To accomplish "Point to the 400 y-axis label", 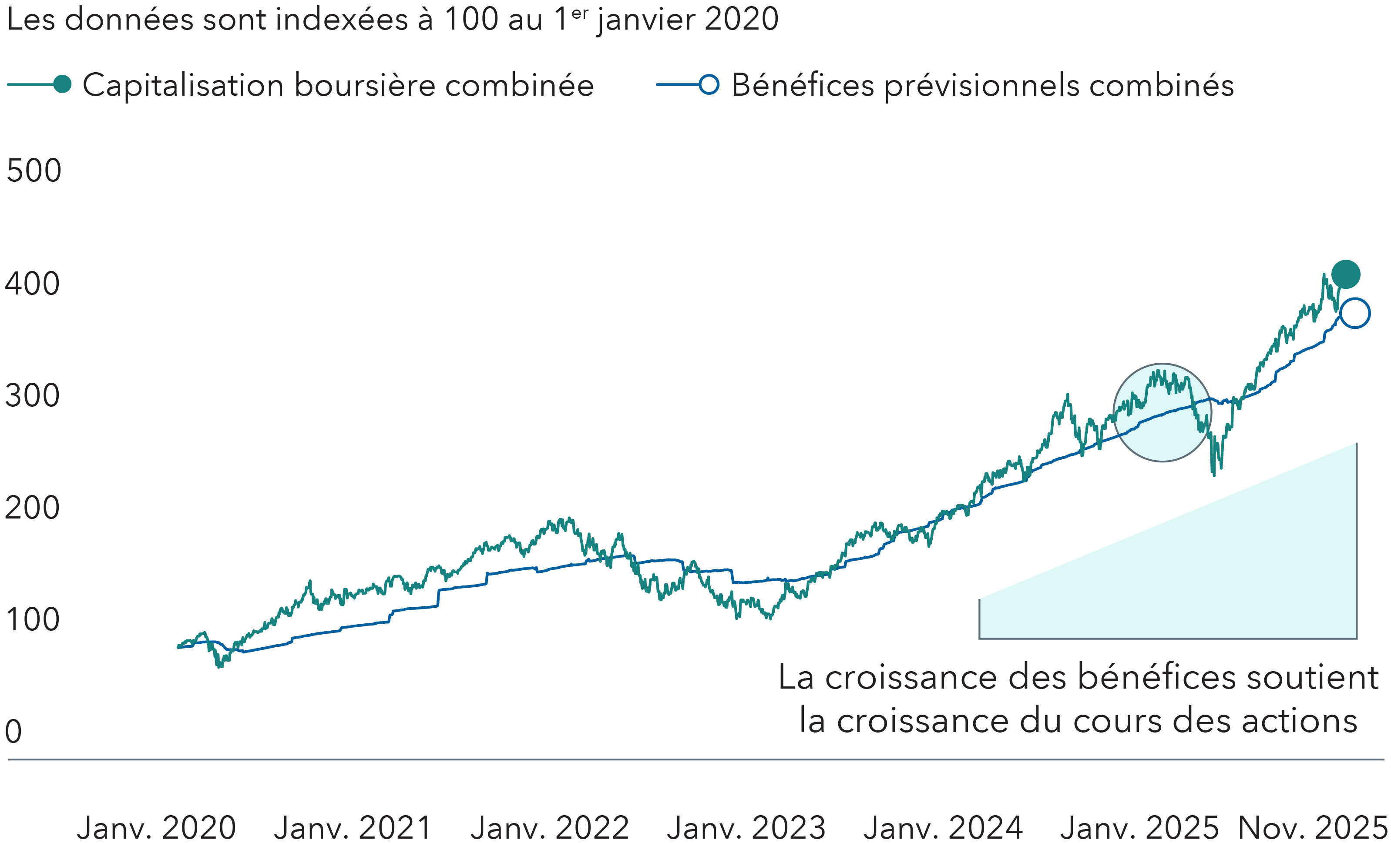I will point(32,283).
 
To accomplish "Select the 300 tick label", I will point(32,395).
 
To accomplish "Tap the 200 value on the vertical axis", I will point(32,508).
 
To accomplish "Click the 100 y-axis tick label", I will point(32,619).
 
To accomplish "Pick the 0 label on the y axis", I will point(13,732).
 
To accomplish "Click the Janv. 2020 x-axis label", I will point(156,828).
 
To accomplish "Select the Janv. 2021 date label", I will point(353,828).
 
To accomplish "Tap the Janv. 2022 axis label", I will point(550,828).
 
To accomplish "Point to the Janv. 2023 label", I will point(746,828).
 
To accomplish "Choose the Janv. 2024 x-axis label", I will point(943,828).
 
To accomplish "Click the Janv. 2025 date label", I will point(1140,828).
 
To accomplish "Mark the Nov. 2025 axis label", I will point(1313,828).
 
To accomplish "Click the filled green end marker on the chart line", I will point(1345,275).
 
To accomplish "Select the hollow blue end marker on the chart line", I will point(1354,313).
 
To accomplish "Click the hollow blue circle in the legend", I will point(709,85).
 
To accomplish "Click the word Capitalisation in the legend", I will point(184,86).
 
